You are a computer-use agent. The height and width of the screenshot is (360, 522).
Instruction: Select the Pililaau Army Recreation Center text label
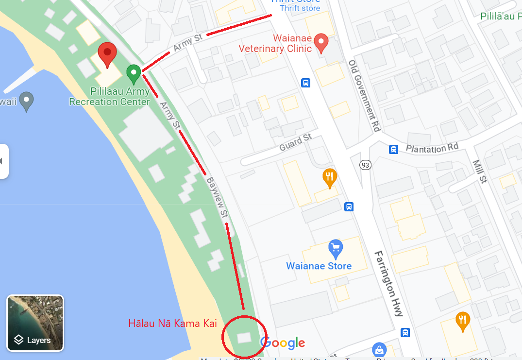point(109,97)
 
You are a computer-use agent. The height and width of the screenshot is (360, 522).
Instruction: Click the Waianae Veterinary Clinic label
point(275,44)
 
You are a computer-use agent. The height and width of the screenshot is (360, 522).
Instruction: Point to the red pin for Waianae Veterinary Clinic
point(320,43)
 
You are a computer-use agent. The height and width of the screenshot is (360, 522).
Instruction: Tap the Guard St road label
point(296,142)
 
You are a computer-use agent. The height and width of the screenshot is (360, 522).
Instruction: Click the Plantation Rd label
point(432,147)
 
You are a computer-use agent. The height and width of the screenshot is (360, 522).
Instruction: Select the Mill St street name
point(479,171)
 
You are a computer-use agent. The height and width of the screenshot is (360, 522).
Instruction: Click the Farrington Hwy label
point(388,284)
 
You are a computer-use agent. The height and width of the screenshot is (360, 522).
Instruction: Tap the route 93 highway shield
point(365,165)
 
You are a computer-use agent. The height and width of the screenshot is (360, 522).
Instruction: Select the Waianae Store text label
point(319,266)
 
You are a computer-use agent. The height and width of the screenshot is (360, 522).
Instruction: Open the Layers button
point(35,323)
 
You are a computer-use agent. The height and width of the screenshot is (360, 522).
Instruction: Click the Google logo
point(283,343)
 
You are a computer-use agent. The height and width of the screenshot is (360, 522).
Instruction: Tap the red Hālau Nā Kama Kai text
point(172,323)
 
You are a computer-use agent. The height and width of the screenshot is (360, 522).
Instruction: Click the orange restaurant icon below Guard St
point(330,177)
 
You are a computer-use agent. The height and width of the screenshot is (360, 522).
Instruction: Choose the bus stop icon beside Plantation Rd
point(394,149)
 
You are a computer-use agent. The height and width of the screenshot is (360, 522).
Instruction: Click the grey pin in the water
point(27,101)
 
